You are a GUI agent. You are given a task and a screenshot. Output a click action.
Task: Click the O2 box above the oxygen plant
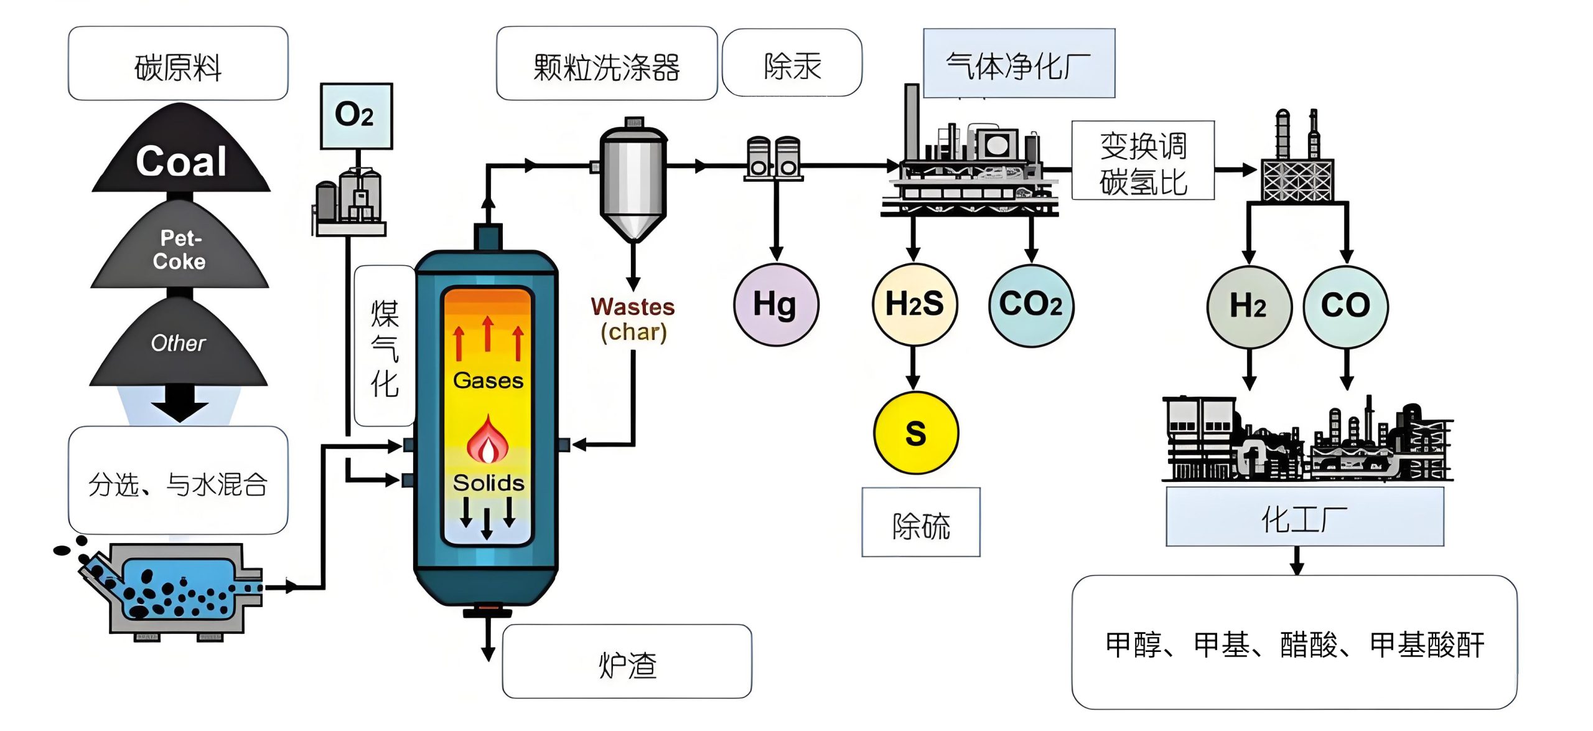tap(356, 116)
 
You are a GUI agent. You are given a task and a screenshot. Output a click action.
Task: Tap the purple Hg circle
tap(775, 304)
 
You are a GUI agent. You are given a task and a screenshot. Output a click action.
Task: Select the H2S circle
tap(914, 304)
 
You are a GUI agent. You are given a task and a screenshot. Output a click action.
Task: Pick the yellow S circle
tap(915, 432)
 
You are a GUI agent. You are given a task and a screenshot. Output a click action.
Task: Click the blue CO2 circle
tap(1031, 304)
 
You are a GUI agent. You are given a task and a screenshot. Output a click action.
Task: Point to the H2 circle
tap(1248, 306)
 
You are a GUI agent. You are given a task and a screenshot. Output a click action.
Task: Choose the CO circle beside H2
tap(1345, 306)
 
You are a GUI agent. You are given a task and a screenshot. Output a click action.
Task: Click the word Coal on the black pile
tap(180, 161)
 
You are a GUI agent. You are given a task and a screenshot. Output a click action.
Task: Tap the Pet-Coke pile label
tap(180, 250)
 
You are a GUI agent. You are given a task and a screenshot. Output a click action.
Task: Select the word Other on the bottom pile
tap(178, 343)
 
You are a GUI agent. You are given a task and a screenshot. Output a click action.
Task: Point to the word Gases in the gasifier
tap(488, 380)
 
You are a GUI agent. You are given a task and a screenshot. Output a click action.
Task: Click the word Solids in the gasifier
tap(488, 483)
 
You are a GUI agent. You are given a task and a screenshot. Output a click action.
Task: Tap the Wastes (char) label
tap(633, 319)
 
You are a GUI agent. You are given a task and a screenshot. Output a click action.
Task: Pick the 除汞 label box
tap(792, 63)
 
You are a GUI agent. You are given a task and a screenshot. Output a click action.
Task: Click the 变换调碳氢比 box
tap(1142, 161)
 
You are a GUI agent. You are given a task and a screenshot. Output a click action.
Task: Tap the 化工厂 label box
tap(1304, 517)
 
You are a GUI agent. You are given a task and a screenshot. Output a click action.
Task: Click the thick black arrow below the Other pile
tap(179, 402)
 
